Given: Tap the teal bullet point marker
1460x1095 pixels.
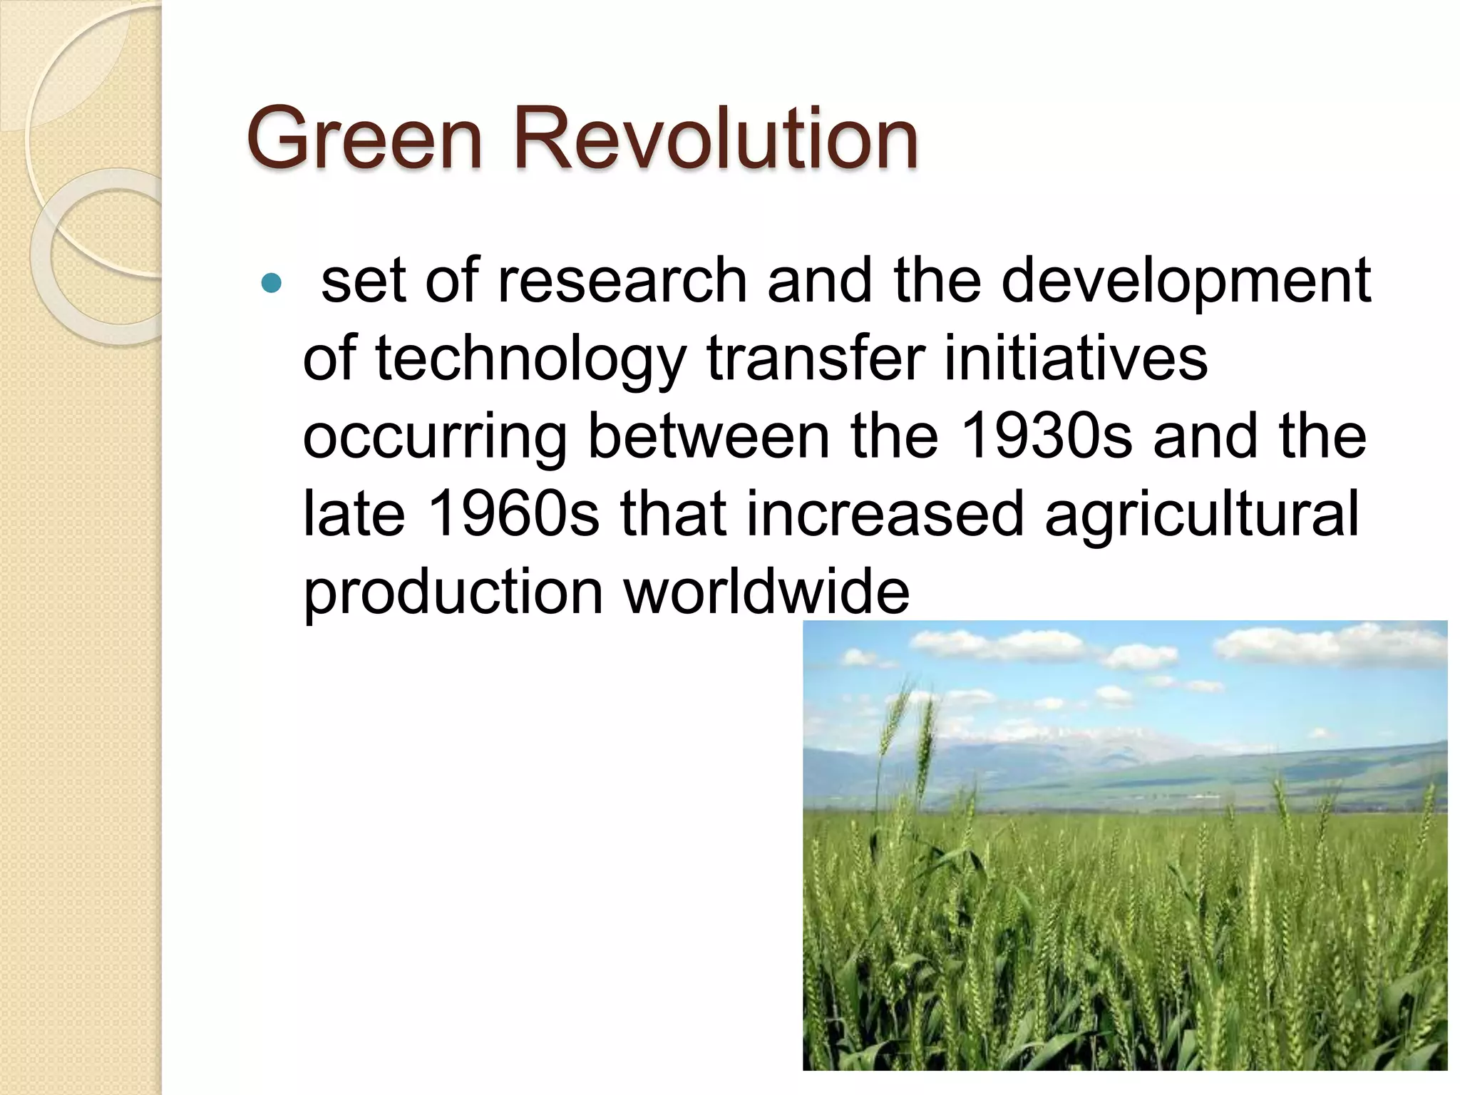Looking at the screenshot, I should tap(272, 284).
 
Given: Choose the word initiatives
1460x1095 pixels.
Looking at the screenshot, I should tap(1076, 359).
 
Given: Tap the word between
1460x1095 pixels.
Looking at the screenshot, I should tap(709, 436).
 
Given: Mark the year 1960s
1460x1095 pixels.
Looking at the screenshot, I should tap(514, 514).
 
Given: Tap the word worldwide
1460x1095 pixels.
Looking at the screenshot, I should tap(767, 592).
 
